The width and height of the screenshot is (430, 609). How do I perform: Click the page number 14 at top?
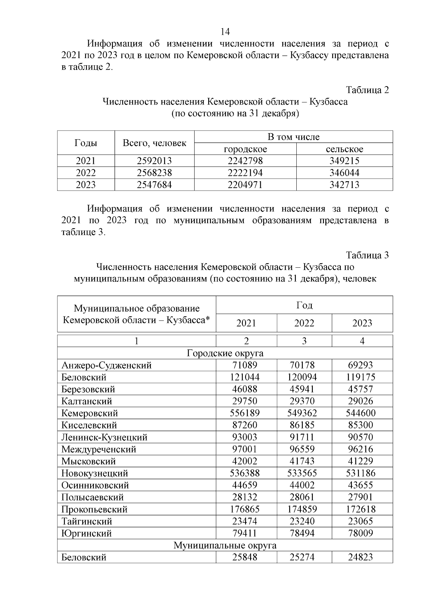[225, 32]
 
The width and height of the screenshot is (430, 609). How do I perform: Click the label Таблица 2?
[367, 90]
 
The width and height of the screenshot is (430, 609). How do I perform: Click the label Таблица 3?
[367, 255]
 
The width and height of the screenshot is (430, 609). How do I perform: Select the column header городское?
[245, 149]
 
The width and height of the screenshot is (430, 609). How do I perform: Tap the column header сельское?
[344, 149]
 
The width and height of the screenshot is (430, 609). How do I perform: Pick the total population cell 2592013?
[154, 161]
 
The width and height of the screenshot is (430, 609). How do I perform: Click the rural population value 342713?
[344, 185]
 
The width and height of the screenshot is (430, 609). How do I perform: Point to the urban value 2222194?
[245, 173]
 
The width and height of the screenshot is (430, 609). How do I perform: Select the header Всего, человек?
[154, 143]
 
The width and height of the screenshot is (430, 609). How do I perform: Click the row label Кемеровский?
[90, 413]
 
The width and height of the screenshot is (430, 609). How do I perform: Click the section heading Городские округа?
[225, 353]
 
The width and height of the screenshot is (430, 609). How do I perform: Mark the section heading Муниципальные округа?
[225, 545]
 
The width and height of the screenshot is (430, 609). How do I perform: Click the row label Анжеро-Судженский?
[106, 365]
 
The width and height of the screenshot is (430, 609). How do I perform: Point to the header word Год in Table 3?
[304, 305]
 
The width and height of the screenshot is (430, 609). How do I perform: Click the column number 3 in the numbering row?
[304, 341]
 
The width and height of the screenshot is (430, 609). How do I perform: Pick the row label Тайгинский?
[87, 521]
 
